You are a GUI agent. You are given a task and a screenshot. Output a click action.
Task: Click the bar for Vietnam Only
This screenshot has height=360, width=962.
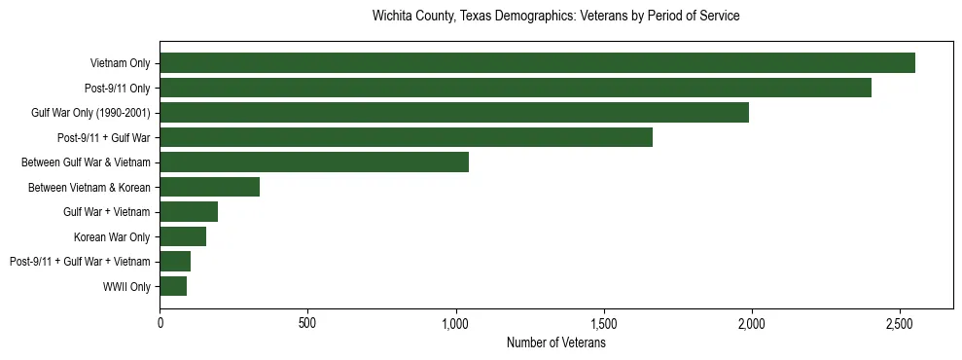(537, 63)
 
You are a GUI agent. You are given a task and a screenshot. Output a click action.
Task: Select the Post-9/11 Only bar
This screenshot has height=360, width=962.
(516, 88)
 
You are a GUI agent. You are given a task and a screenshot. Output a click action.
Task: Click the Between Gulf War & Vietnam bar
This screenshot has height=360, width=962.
(314, 162)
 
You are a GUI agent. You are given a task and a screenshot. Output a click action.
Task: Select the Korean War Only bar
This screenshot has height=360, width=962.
(183, 236)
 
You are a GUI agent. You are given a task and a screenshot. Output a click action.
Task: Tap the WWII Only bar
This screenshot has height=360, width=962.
(173, 286)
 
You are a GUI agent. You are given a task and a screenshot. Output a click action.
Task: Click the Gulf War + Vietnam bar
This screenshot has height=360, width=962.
(189, 211)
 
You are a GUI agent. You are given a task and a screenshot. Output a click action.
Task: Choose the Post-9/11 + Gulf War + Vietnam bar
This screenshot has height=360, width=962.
(175, 261)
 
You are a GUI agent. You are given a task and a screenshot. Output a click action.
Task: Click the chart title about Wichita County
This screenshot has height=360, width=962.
(556, 17)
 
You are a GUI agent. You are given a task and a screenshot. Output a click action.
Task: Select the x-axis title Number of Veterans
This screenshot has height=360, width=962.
(556, 343)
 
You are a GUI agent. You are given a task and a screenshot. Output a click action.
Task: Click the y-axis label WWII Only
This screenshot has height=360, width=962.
(126, 286)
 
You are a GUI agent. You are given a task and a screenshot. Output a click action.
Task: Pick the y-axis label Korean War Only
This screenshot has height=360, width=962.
(112, 236)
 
